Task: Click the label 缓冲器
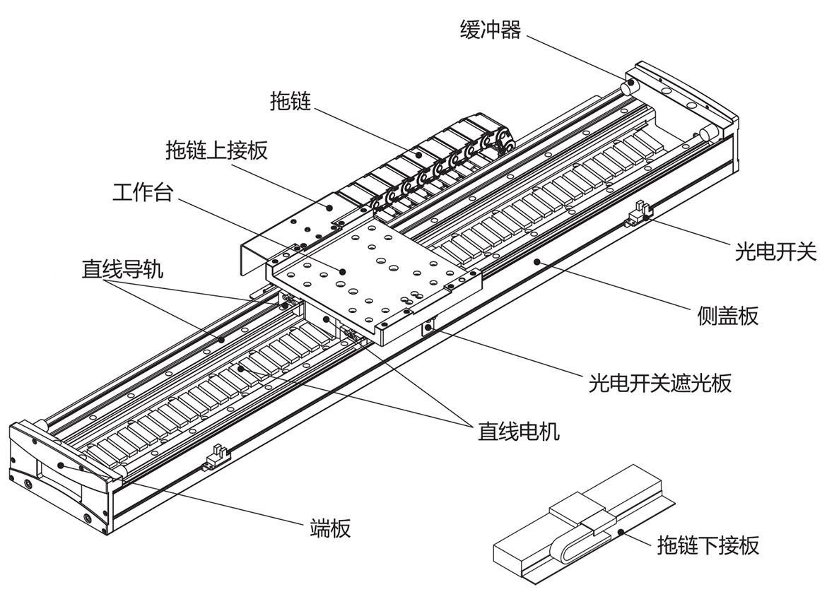[490, 30]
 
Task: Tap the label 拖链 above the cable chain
[291, 101]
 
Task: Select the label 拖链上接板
[217, 150]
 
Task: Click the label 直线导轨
[122, 269]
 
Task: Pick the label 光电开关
[775, 251]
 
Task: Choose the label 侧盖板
[727, 316]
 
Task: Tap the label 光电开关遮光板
[659, 383]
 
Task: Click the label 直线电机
[519, 431]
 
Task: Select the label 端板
[331, 528]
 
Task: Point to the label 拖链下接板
[708, 545]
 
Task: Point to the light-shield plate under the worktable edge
[429, 326]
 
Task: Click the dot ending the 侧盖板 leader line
[536, 261]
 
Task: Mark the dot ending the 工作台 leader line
[342, 271]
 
